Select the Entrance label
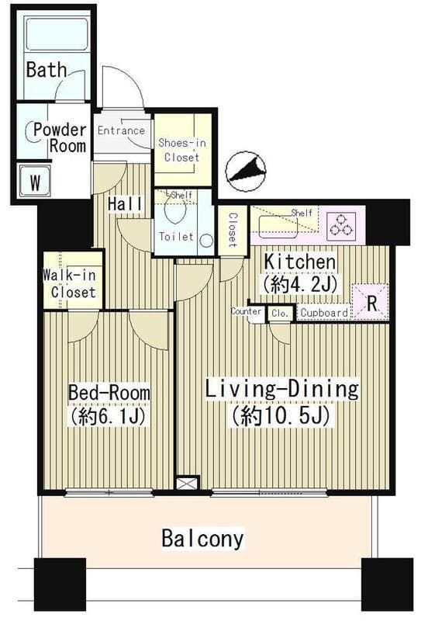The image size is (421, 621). point(121,130)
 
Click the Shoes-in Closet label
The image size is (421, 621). point(182,150)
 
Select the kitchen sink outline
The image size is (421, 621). point(278,227)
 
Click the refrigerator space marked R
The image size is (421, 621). point(371,303)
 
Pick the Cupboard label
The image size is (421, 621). point(324,313)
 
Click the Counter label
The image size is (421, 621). point(246,311)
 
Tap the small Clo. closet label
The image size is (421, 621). point(280,314)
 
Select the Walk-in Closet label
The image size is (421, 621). point(70,283)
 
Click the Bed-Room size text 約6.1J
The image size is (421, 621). point(108,416)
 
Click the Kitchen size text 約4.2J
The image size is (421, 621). point(299,283)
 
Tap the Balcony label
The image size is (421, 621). point(202,539)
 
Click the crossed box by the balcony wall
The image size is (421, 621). point(187,484)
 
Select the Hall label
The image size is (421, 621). point(126,203)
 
